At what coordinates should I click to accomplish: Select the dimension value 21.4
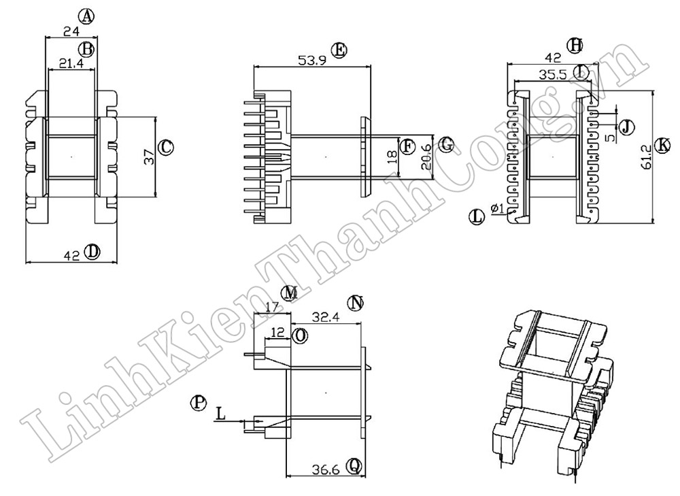(x=71, y=63)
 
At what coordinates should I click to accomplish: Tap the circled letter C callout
(x=165, y=147)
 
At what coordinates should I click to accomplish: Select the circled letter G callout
(x=446, y=145)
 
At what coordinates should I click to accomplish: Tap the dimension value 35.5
(x=553, y=75)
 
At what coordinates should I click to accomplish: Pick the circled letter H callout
(x=575, y=45)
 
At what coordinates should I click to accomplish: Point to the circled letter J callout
(x=627, y=125)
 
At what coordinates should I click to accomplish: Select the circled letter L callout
(x=477, y=216)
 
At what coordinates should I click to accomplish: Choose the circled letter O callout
(x=300, y=334)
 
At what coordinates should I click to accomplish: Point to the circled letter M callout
(x=290, y=293)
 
